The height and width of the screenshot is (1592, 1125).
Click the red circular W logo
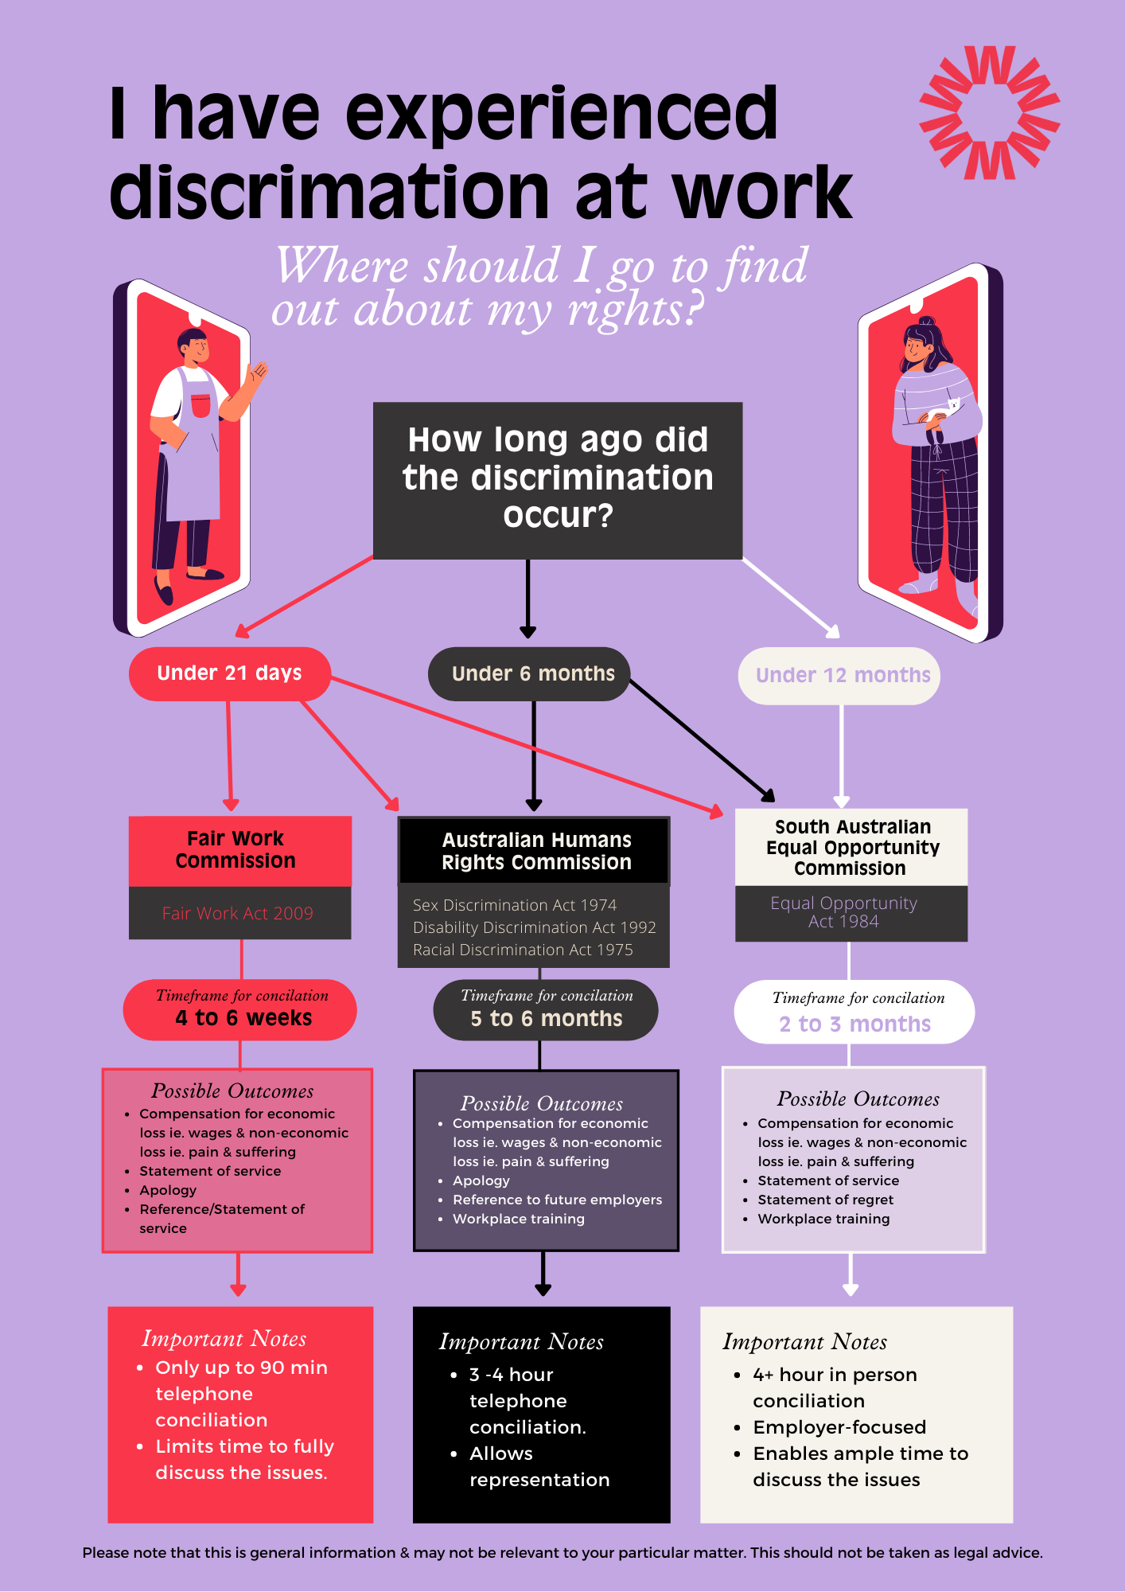pyautogui.click(x=989, y=112)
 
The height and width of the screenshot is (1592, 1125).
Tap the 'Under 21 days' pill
pyautogui.click(x=229, y=673)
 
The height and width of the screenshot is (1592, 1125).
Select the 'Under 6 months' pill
pyautogui.click(x=531, y=674)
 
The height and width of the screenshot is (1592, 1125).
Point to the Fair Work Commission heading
pyautogui.click(x=236, y=850)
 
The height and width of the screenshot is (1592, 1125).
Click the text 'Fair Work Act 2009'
pyautogui.click(x=238, y=914)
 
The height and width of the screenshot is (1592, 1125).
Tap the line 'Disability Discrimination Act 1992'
pyautogui.click(x=534, y=927)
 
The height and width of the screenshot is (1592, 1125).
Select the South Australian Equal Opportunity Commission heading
pyautogui.click(x=851, y=847)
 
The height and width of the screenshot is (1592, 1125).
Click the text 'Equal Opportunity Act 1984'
pyautogui.click(x=844, y=912)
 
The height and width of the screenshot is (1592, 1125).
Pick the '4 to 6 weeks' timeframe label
pyautogui.click(x=243, y=1018)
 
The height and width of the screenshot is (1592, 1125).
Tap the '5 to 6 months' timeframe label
pyautogui.click(x=546, y=1019)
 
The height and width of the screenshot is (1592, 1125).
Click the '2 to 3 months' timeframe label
pyautogui.click(x=854, y=1024)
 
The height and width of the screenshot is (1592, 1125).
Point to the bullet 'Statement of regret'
pyautogui.click(x=825, y=1200)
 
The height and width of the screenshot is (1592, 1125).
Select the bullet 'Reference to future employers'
pyautogui.click(x=557, y=1200)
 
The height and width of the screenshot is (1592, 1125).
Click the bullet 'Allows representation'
pyautogui.click(x=538, y=1466)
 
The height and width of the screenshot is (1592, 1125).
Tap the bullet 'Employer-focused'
pyautogui.click(x=839, y=1427)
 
